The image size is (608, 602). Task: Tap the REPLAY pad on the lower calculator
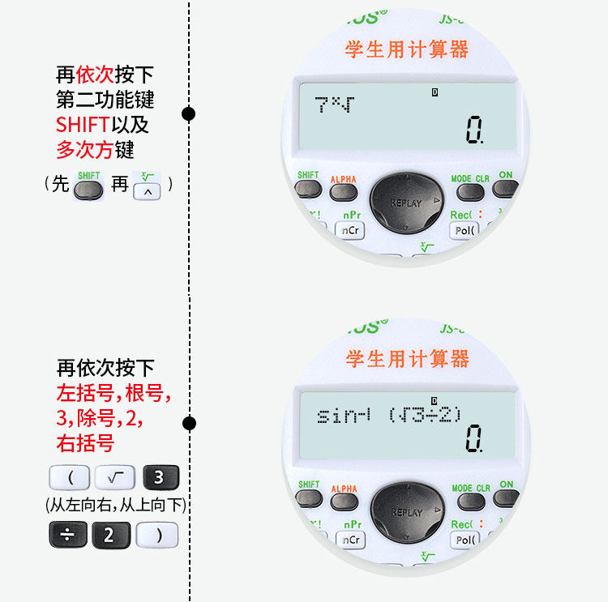pyautogui.click(x=407, y=512)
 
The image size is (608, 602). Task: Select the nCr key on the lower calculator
pyautogui.click(x=351, y=540)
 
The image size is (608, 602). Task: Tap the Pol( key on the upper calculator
pyautogui.click(x=465, y=230)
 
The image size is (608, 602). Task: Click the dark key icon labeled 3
pyautogui.click(x=159, y=478)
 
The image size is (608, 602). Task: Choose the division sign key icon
pyautogui.click(x=67, y=535)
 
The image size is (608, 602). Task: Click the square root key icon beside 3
pyautogui.click(x=114, y=478)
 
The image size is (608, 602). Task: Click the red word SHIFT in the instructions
pyautogui.click(x=82, y=126)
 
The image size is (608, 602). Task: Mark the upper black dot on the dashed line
pyautogui.click(x=189, y=113)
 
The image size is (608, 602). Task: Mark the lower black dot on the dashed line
pyautogui.click(x=189, y=423)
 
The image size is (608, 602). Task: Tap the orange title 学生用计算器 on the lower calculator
pyautogui.click(x=408, y=358)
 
